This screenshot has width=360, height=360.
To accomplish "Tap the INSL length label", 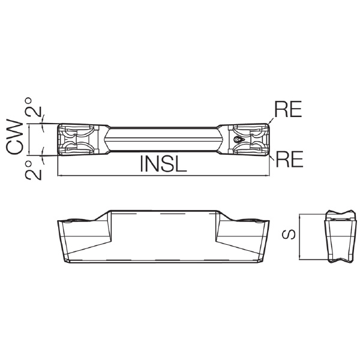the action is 163,164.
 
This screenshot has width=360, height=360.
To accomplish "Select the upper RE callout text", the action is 288,109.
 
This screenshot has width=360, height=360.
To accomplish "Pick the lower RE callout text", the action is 289,159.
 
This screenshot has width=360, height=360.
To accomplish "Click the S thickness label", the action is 289,235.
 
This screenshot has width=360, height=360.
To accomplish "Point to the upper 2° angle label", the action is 33,107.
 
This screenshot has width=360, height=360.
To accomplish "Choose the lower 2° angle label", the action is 33,170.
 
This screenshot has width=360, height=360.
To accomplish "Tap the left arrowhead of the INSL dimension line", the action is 59,176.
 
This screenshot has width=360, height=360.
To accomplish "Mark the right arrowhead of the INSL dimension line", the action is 267,176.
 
